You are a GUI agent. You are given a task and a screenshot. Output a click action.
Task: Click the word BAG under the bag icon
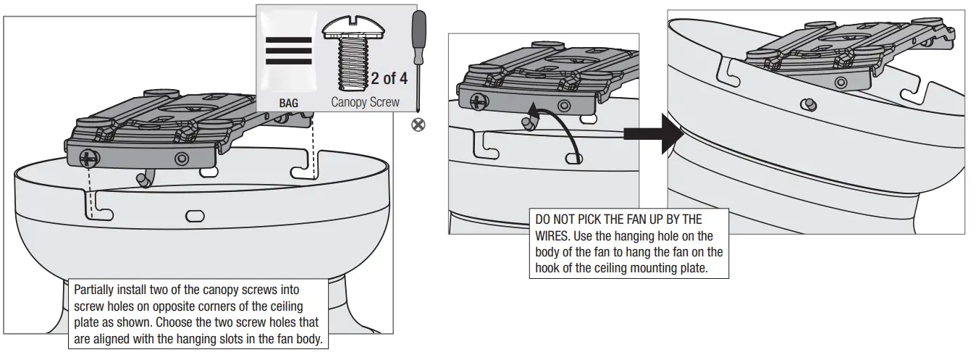pyautogui.click(x=288, y=104)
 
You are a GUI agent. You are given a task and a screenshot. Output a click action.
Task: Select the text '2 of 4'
pyautogui.click(x=390, y=78)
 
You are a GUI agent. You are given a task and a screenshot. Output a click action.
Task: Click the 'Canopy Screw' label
pyautogui.click(x=365, y=102)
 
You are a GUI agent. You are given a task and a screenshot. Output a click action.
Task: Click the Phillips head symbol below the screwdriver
pyautogui.click(x=418, y=124)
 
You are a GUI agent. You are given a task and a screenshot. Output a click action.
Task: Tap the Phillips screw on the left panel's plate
pyautogui.click(x=89, y=156)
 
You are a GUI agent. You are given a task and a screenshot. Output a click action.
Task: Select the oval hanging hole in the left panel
pyautogui.click(x=195, y=215)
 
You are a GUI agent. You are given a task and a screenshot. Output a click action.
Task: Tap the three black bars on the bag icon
pyautogui.click(x=289, y=51)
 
